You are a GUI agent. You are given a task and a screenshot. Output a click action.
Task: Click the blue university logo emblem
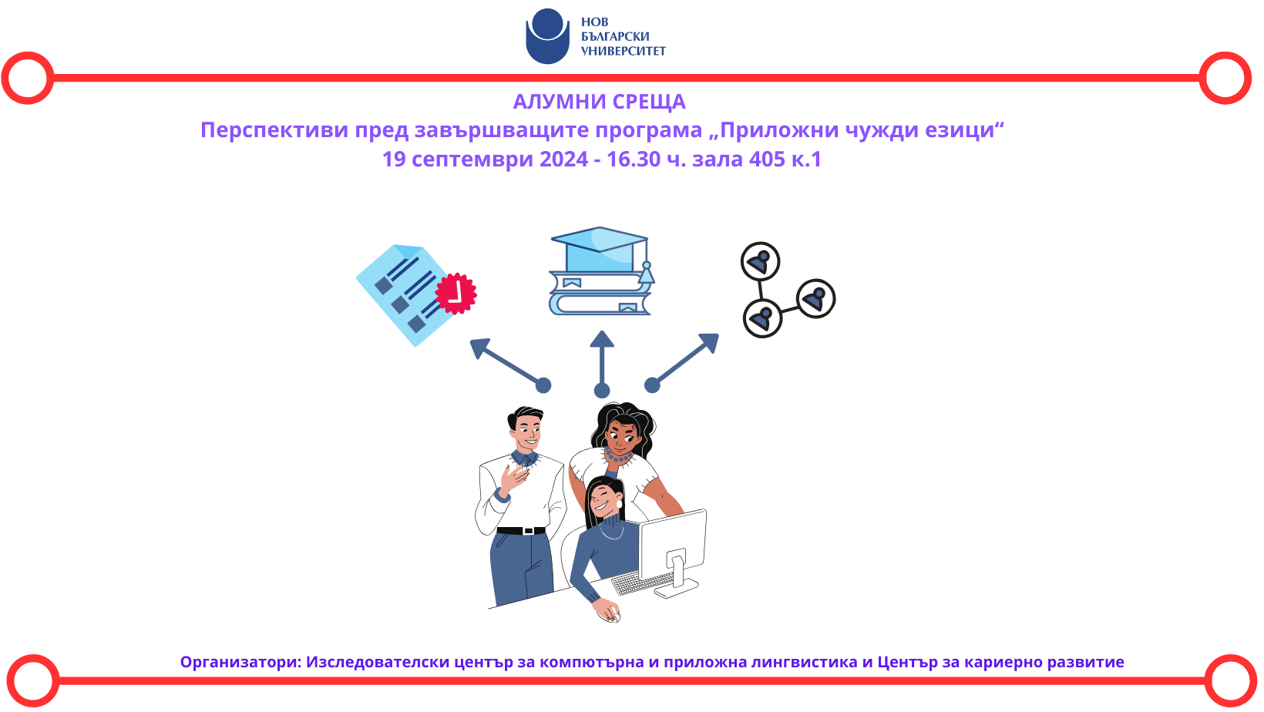pyautogui.click(x=546, y=36)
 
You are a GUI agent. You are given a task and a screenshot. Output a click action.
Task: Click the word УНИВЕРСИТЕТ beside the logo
pyautogui.click(x=624, y=51)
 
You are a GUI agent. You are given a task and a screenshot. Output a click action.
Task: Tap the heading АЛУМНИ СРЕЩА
pyautogui.click(x=600, y=102)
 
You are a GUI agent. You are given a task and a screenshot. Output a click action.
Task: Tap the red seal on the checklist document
pyautogui.click(x=456, y=294)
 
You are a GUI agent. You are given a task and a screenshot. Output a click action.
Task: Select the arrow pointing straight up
pyautogui.click(x=602, y=364)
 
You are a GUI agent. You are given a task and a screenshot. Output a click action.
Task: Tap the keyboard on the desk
pyautogui.click(x=640, y=583)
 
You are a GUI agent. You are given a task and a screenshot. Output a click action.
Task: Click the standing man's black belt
pyautogui.click(x=521, y=530)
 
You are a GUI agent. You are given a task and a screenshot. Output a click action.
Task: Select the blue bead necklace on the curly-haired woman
pyautogui.click(x=618, y=456)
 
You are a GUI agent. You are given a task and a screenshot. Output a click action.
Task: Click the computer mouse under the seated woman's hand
pyautogui.click(x=613, y=618)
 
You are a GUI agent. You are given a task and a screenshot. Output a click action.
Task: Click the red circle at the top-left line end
pyautogui.click(x=28, y=78)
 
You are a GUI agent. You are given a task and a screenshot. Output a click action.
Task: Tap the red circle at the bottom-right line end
pyautogui.click(x=1231, y=680)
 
